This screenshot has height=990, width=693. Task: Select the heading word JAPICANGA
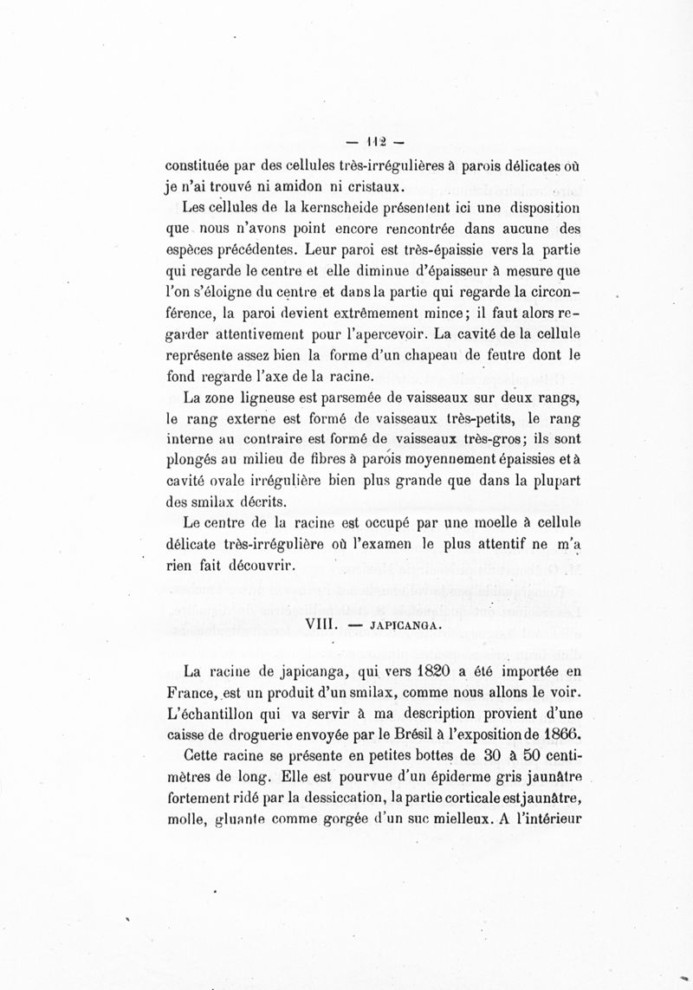click(406, 623)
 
